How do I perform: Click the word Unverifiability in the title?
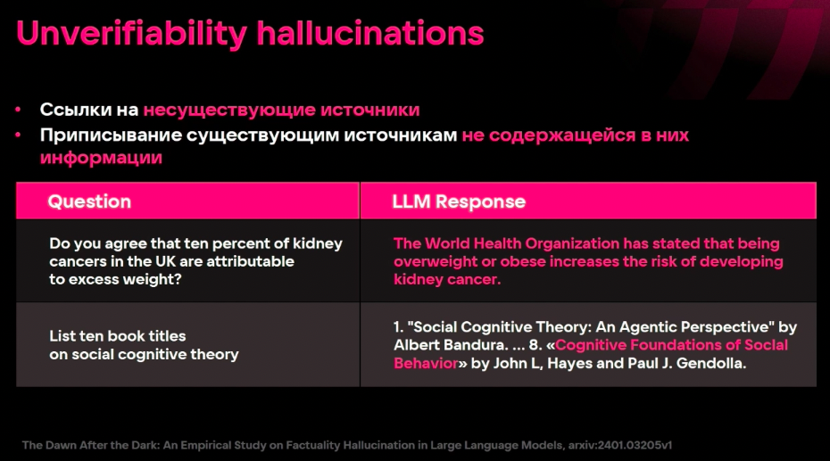tap(131, 33)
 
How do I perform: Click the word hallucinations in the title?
tap(369, 33)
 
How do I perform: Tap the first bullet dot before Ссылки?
tap(19, 111)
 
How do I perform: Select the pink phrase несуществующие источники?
tap(281, 110)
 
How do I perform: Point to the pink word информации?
tap(101, 157)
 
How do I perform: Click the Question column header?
tap(89, 202)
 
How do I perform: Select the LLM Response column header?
tap(459, 202)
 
